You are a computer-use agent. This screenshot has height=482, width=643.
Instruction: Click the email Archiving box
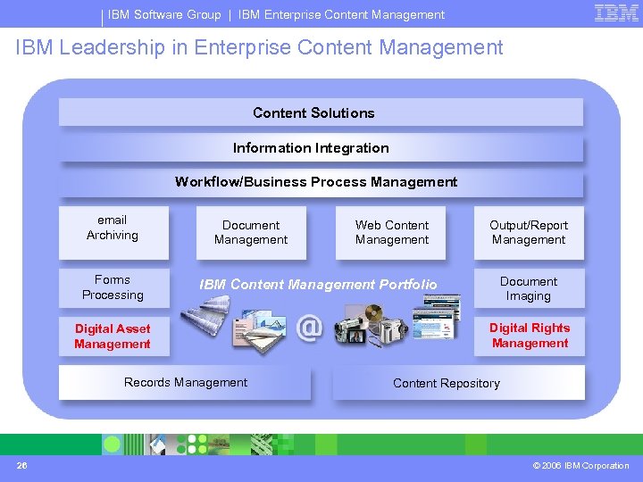[x=113, y=229]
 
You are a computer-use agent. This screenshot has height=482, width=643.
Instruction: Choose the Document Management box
[x=251, y=233]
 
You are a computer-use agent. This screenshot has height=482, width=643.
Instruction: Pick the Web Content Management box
[x=391, y=233]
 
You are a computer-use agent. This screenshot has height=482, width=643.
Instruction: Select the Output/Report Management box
[x=529, y=233]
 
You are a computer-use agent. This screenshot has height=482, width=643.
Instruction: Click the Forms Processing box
[x=113, y=287]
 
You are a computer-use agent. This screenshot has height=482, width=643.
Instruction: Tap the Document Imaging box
[x=529, y=288]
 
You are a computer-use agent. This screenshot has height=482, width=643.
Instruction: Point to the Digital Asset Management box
[x=113, y=337]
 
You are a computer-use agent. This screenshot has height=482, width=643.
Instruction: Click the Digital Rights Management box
[x=530, y=336]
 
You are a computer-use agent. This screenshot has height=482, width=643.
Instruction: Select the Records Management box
[x=186, y=383]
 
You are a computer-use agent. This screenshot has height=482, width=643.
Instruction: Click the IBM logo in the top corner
[x=616, y=13]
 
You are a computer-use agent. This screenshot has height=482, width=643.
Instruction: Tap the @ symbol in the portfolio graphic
[x=309, y=327]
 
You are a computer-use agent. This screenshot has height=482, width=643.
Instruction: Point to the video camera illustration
[x=357, y=326]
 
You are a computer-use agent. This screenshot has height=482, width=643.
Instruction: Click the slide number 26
[x=21, y=465]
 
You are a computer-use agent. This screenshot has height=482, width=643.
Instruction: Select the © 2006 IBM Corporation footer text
[x=580, y=465]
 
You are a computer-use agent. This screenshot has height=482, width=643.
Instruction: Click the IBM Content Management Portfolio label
[x=318, y=285]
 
